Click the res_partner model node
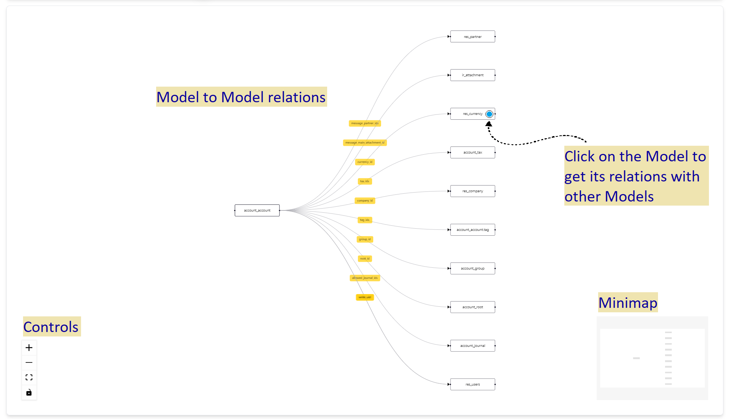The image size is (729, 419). click(x=472, y=37)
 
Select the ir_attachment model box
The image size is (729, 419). click(x=472, y=75)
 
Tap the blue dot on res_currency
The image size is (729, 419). click(x=489, y=114)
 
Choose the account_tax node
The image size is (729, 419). click(x=472, y=152)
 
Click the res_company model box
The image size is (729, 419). click(x=472, y=191)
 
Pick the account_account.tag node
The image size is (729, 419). click(x=472, y=230)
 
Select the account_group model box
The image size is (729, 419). click(x=472, y=268)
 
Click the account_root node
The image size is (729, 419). click(x=472, y=307)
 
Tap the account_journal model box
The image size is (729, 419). click(x=472, y=346)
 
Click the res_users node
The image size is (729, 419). click(x=472, y=384)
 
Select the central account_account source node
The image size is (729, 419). click(x=257, y=210)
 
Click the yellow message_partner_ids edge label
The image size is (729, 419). click(x=365, y=123)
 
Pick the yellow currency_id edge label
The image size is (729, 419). click(x=365, y=162)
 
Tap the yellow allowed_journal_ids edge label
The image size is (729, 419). click(x=365, y=278)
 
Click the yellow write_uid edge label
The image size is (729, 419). click(x=365, y=297)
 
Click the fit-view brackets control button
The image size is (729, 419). click(x=29, y=377)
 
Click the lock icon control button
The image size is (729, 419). click(x=29, y=393)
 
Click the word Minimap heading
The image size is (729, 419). click(x=628, y=303)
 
